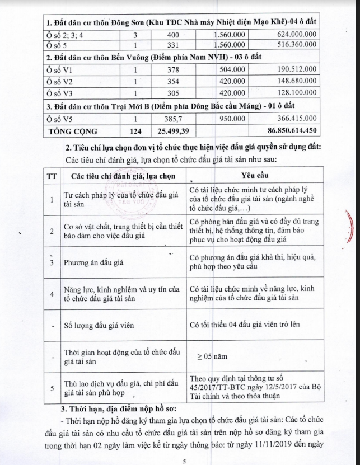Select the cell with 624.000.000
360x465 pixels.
click(x=291, y=35)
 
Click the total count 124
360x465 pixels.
click(x=134, y=131)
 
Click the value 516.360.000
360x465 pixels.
click(x=291, y=45)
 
